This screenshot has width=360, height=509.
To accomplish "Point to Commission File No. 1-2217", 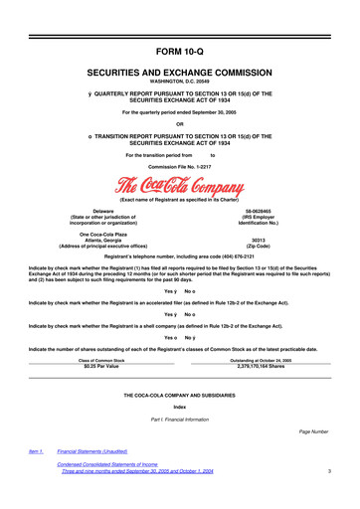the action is point(179,165).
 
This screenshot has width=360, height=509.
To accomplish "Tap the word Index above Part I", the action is point(179,408).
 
